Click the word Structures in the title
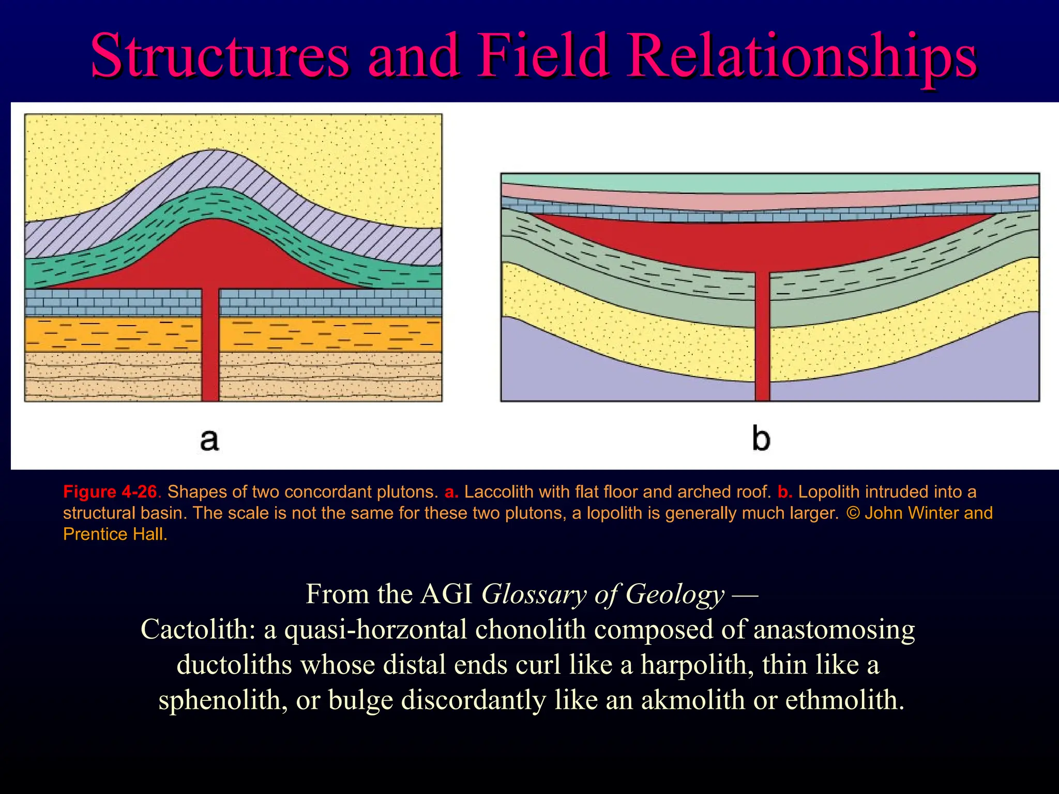[x=220, y=56]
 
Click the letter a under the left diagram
[x=209, y=440]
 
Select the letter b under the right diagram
[x=761, y=439]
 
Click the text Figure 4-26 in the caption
[x=110, y=492]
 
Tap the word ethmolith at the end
[x=844, y=700]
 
